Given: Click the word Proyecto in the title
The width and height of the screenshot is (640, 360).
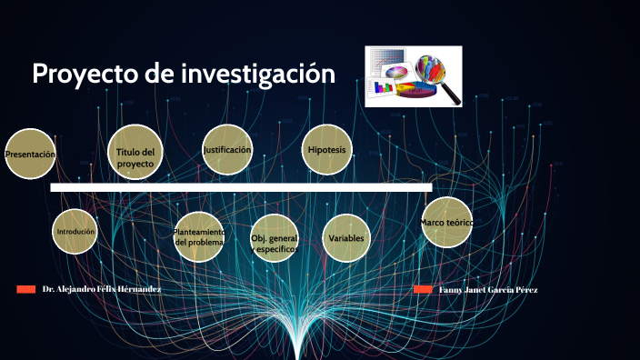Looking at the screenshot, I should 85,75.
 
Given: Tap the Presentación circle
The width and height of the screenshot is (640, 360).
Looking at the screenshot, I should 30,155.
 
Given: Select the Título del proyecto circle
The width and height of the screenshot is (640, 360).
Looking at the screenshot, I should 135,151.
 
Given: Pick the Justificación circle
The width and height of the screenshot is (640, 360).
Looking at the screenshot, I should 227,150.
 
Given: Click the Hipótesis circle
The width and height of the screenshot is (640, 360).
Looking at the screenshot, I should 327,150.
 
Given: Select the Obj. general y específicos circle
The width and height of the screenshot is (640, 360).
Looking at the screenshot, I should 274,239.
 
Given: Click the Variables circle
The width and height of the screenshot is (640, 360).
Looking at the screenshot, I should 346,237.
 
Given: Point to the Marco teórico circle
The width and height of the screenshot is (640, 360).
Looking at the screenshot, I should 446,222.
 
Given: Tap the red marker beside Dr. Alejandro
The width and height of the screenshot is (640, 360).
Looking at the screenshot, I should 25,289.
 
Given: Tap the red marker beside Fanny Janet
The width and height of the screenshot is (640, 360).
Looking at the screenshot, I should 423,289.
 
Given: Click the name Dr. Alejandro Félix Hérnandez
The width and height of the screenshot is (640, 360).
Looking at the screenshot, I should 102,289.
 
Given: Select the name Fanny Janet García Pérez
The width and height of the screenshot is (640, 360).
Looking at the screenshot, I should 488,289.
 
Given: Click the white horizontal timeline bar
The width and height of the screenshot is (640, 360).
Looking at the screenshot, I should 241,187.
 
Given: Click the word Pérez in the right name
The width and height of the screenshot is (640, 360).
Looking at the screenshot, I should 525,289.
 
